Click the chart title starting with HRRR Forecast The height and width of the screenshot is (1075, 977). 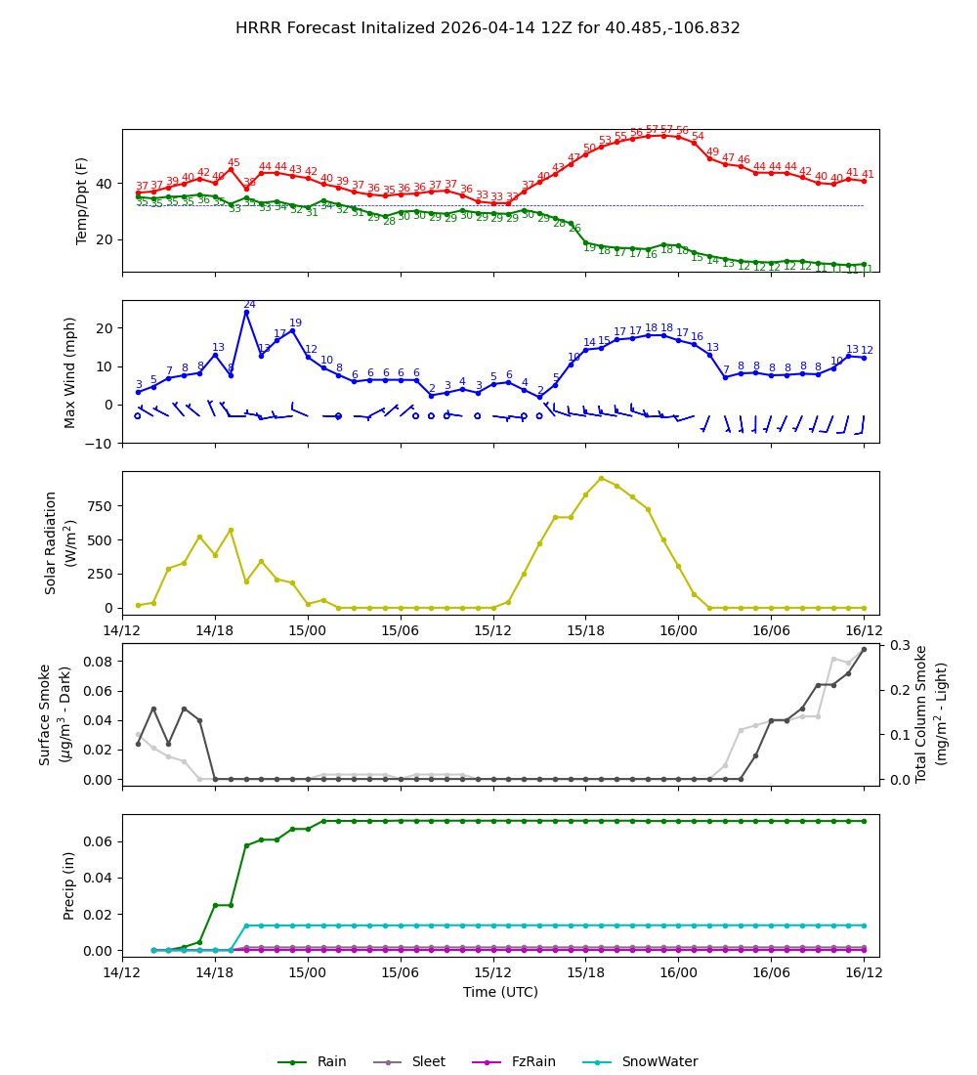pyautogui.click(x=488, y=28)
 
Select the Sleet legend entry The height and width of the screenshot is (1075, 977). pyautogui.click(x=428, y=1062)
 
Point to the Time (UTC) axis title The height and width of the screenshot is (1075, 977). pyautogui.click(x=500, y=992)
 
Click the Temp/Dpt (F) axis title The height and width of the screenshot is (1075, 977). pyautogui.click(x=82, y=200)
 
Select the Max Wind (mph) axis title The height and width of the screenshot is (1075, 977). pyautogui.click(x=70, y=371)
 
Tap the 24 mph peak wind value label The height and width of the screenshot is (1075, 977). pyautogui.click(x=249, y=305)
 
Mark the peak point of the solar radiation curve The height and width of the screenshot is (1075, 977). pyautogui.click(x=601, y=478)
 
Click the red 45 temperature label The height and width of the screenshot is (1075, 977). pyautogui.click(x=234, y=163)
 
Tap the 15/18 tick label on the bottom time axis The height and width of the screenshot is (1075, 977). pyautogui.click(x=585, y=971)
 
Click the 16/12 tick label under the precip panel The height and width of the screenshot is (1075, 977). pyautogui.click(x=864, y=971)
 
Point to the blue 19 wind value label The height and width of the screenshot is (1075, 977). pyautogui.click(x=295, y=323)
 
